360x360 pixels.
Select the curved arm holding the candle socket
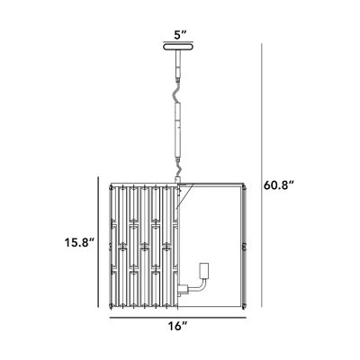tap(193, 287)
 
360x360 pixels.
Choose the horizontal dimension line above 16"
tap(177, 314)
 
